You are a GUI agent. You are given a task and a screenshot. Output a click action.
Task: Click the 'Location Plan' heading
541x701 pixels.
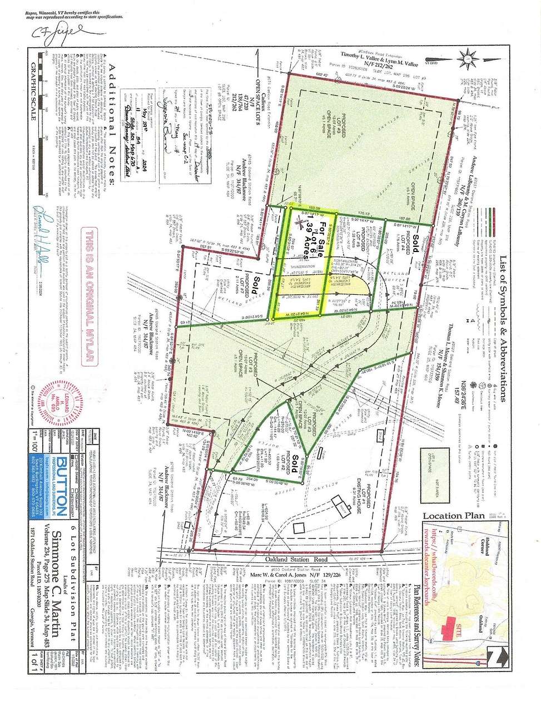click(454, 516)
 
